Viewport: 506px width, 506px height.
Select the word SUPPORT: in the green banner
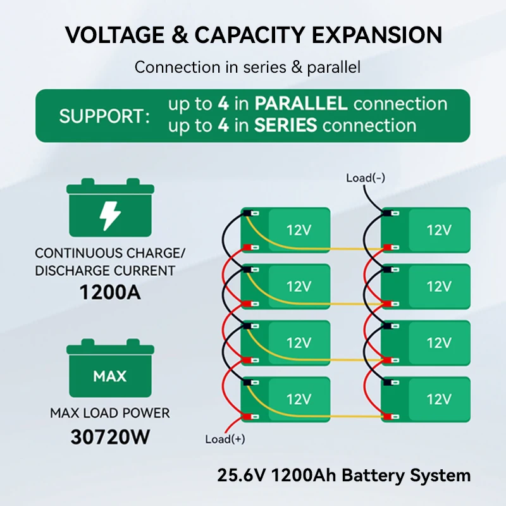105,116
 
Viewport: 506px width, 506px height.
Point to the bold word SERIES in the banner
285,125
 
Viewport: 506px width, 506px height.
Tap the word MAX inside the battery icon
110,376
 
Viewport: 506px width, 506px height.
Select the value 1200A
110,293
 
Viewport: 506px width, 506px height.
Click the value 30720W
110,437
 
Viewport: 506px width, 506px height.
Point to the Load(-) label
366,178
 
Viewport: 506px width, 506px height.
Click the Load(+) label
225,439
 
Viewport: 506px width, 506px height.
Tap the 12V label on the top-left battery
299,230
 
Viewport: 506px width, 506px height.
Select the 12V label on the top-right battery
438,230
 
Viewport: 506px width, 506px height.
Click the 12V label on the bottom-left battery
299,399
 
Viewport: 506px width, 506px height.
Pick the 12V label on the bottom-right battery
438,399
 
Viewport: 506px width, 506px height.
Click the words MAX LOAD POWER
110,414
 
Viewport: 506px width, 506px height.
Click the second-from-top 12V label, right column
438,287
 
